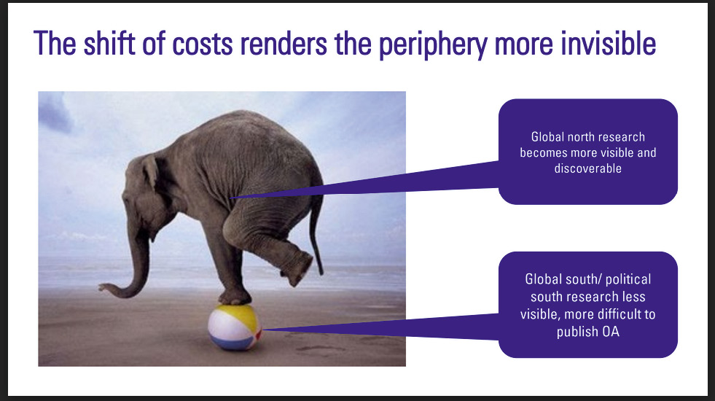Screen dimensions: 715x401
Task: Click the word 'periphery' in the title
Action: point(433,44)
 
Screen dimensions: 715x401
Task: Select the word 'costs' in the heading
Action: point(203,44)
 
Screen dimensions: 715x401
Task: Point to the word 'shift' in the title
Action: point(110,43)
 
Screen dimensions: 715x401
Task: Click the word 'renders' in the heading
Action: point(284,44)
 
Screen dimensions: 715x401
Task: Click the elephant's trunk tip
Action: point(101,287)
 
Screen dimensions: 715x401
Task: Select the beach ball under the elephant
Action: point(235,327)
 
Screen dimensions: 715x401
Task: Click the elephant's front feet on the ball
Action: point(235,298)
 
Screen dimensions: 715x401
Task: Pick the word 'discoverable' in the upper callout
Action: point(587,168)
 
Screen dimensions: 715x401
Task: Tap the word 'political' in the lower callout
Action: point(629,280)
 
